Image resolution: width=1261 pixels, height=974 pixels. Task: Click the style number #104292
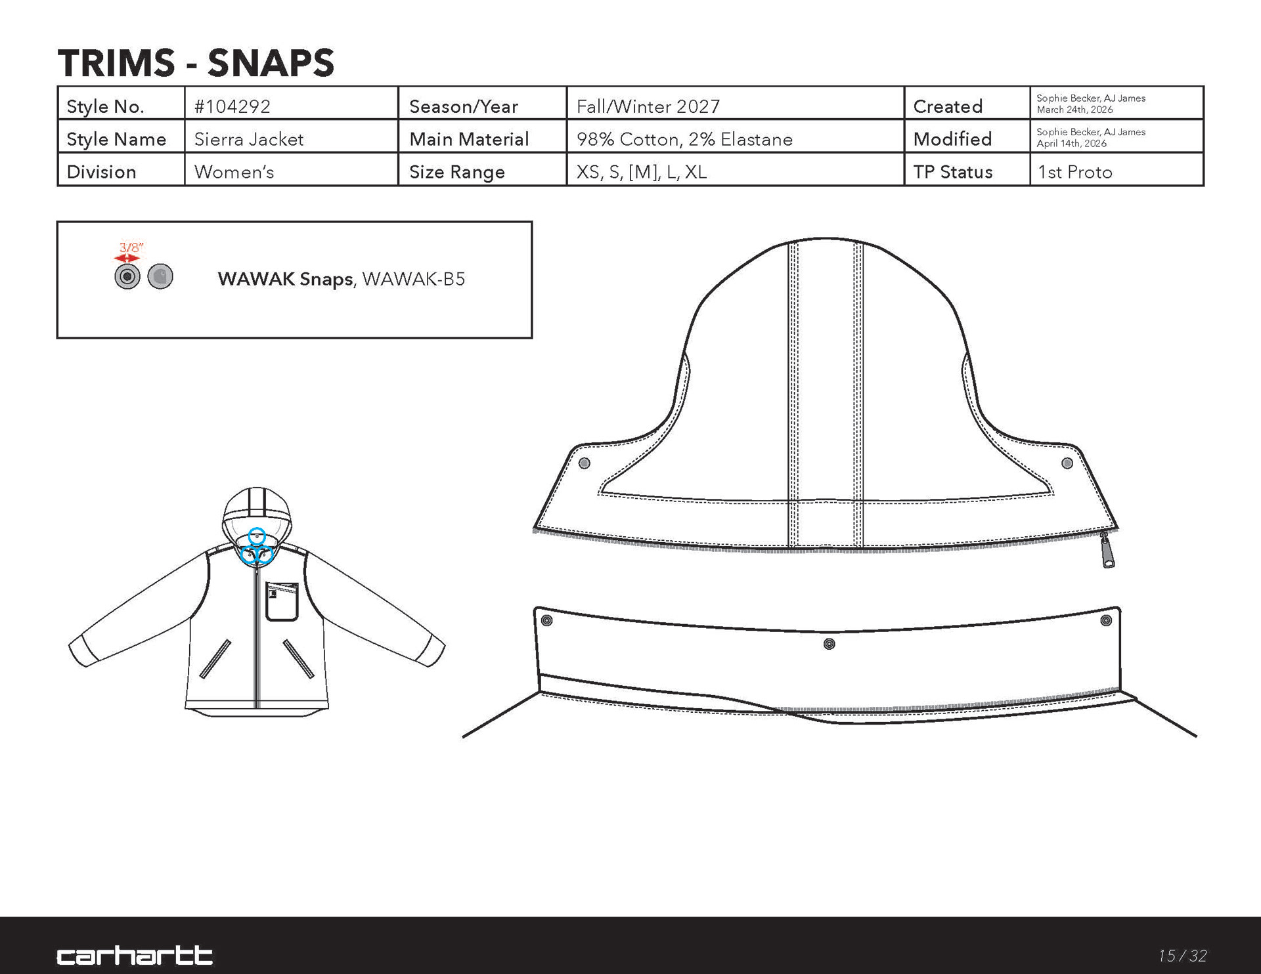(232, 106)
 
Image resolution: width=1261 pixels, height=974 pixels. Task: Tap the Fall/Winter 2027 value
(648, 106)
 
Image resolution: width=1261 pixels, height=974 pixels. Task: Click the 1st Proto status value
(1075, 172)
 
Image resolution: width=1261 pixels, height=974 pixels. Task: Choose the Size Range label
(457, 172)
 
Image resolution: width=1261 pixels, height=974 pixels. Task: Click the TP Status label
(953, 172)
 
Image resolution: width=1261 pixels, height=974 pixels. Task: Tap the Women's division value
(234, 172)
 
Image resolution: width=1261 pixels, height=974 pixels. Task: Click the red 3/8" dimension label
(131, 247)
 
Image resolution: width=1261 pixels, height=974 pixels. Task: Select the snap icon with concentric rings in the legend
(127, 277)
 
